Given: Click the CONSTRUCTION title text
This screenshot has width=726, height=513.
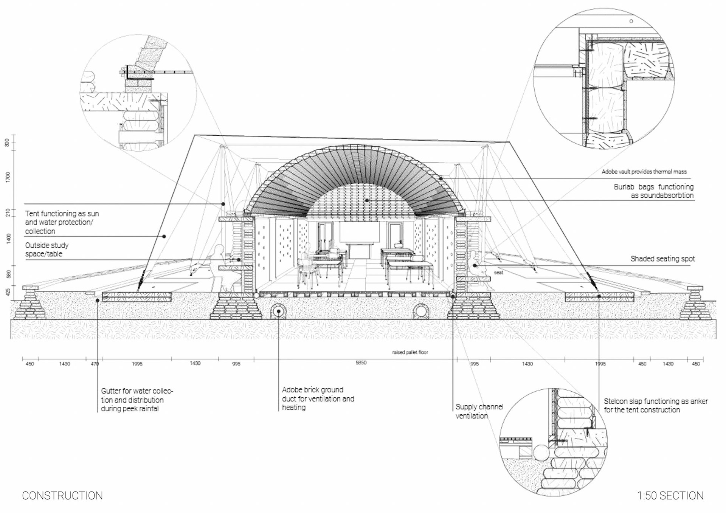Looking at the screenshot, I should tap(62, 496).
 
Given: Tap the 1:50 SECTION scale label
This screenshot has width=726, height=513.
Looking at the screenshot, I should tap(670, 496).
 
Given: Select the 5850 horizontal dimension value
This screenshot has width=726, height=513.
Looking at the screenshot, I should tap(361, 363).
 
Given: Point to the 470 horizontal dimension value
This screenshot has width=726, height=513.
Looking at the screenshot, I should tap(95, 364).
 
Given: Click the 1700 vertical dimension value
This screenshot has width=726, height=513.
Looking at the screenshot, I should tap(8, 177).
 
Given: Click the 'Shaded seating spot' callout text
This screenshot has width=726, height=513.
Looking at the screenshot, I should tap(662, 259).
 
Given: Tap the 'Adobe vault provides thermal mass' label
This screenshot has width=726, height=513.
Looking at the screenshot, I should tap(644, 172).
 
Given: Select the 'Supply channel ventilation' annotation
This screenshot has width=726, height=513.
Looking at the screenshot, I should tap(479, 411).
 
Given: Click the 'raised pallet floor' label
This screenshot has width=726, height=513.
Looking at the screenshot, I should tap(410, 352).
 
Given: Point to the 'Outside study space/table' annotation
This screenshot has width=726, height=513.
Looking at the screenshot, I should tap(47, 250).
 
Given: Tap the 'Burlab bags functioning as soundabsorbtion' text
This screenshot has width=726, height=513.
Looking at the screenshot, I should tap(654, 191).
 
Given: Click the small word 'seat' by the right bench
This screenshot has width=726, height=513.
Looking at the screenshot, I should tap(498, 273).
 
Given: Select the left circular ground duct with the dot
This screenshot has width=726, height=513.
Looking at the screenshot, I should tap(278, 312).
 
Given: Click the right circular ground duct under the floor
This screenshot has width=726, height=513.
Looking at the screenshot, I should tap(420, 312).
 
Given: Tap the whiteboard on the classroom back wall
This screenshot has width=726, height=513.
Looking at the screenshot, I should tap(359, 232).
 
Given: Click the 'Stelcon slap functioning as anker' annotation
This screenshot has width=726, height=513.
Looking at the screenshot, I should tap(655, 405).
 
